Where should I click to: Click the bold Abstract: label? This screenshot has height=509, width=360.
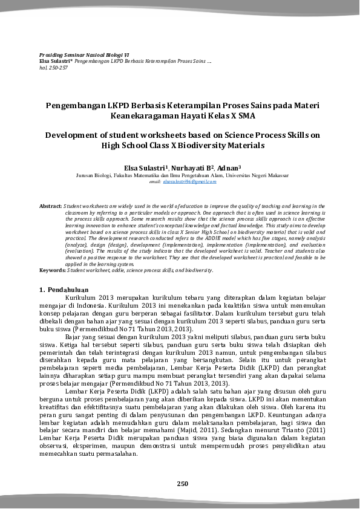pyautogui.click(x=50, y=206)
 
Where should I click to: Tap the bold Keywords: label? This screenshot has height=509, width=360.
pyautogui.click(x=52, y=270)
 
